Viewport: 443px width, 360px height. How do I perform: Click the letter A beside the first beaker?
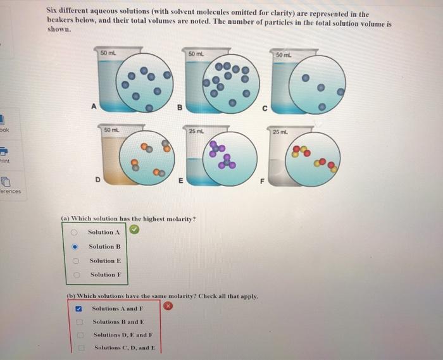click(94, 106)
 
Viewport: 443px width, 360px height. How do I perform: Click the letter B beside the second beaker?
click(180, 107)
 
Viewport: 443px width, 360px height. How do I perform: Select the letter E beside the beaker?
click(181, 180)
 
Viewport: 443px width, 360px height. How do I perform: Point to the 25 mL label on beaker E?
click(196, 130)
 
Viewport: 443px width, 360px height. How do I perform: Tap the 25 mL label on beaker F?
click(280, 131)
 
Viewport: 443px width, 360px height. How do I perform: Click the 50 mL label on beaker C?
click(283, 56)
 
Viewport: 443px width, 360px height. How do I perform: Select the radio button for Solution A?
click(75, 232)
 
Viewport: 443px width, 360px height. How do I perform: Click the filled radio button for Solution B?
click(75, 247)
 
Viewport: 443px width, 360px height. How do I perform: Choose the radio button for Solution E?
click(75, 261)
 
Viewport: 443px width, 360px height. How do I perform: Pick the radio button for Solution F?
click(75, 275)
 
